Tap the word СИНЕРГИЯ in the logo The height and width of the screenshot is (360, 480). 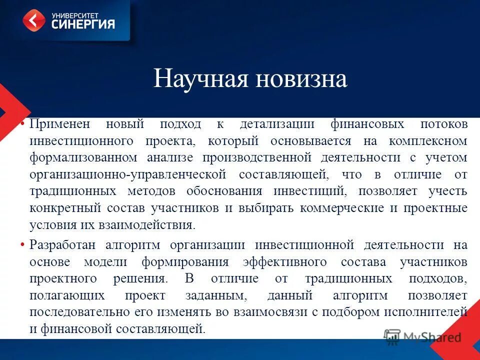pos(83,23)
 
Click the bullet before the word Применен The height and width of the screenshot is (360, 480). pos(23,123)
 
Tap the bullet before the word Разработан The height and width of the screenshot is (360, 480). pos(23,245)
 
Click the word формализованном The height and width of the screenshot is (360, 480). pos(83,158)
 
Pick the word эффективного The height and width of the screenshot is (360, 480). pos(284,262)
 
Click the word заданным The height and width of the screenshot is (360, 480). pos(216,295)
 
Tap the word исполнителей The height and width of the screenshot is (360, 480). pos(425,312)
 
